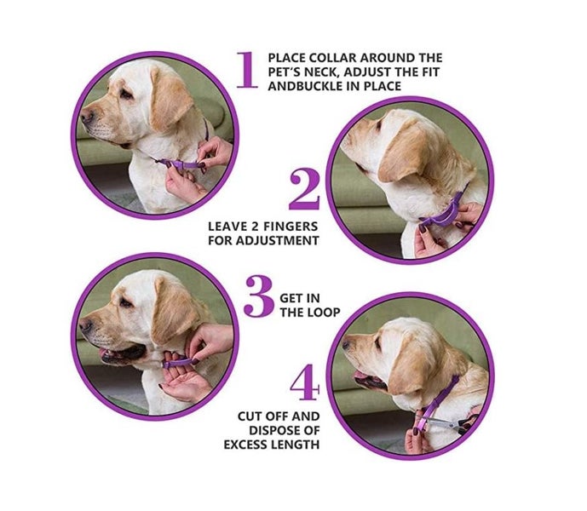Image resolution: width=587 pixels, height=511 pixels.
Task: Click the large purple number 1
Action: (246, 70)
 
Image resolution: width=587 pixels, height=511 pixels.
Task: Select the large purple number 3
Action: (258, 296)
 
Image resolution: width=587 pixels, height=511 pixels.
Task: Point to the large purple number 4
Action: (304, 384)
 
